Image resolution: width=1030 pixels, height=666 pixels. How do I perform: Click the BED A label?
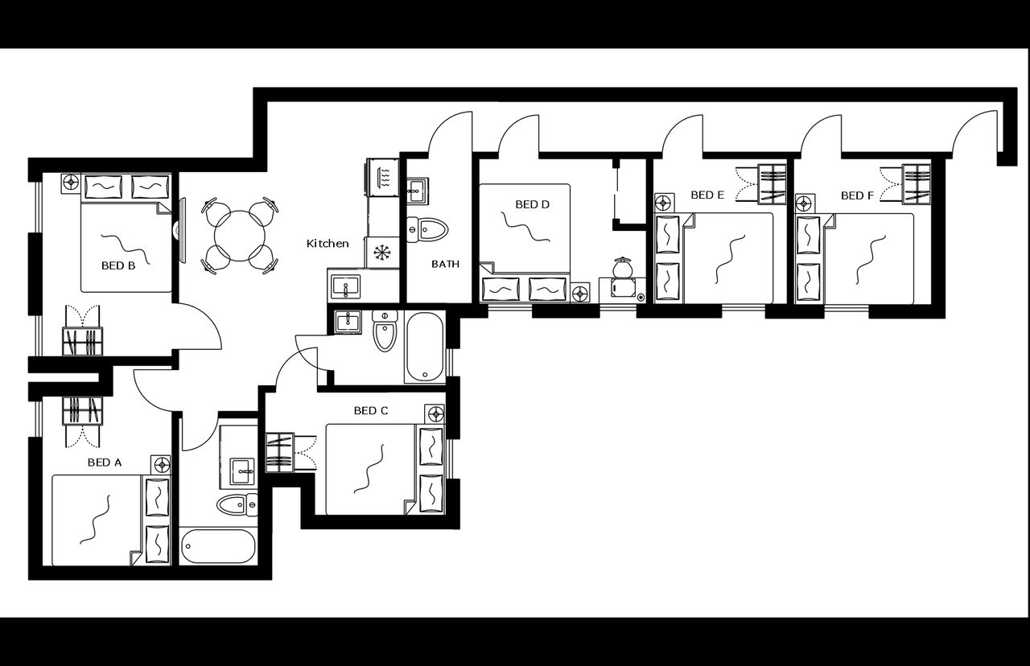104,462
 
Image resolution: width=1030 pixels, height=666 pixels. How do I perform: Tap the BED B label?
117,265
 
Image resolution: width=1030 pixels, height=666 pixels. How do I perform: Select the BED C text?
371,410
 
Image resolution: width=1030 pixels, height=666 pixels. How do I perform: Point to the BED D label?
532,204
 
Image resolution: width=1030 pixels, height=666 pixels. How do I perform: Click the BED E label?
707,195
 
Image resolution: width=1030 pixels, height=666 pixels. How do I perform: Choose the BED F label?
857,195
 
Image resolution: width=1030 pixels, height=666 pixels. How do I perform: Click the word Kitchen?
328,243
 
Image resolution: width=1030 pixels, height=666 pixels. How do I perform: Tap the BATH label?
445,263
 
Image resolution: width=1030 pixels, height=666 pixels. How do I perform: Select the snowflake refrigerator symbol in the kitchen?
381,252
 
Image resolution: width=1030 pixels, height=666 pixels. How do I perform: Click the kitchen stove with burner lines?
384,176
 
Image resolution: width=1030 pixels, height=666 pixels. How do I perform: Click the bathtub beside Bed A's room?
217,546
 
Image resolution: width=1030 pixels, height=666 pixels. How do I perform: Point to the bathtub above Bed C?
424,347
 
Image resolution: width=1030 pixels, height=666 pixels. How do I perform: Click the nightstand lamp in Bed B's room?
70,182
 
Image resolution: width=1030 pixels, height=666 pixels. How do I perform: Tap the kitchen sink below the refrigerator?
347,286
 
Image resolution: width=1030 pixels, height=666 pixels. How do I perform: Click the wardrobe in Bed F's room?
915,183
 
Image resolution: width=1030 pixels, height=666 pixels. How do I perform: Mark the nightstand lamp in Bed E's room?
665,202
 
